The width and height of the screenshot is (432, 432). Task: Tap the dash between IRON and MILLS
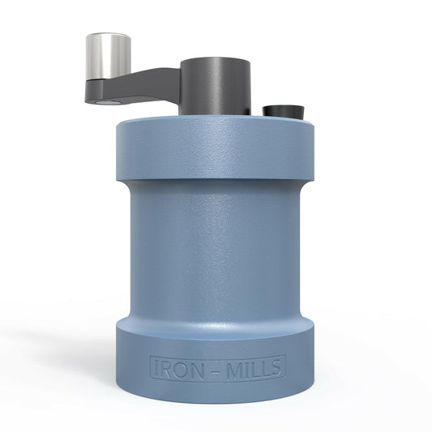216,370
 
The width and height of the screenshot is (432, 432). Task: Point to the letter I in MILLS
246,369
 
